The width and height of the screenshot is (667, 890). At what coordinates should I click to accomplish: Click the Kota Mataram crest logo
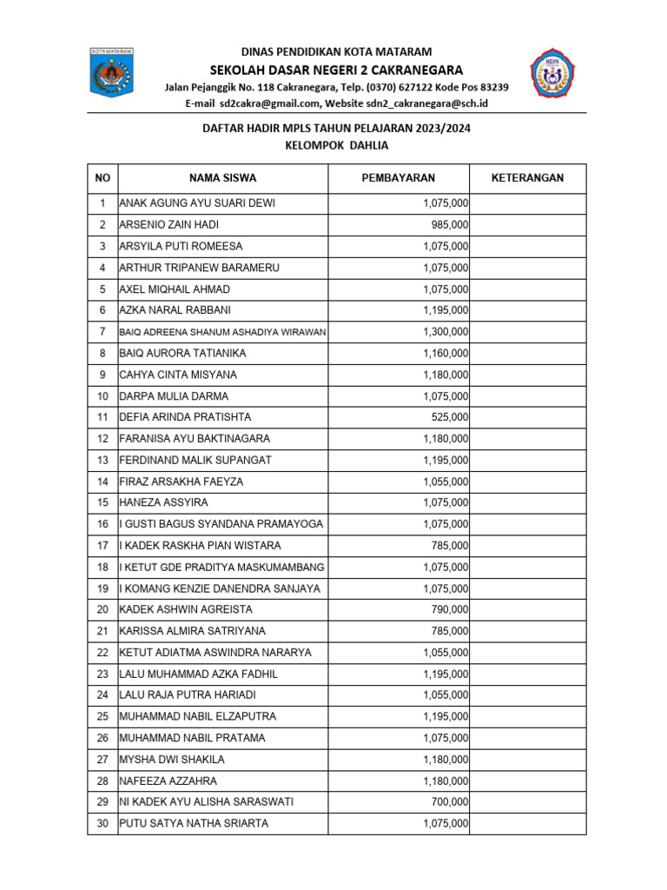click(111, 73)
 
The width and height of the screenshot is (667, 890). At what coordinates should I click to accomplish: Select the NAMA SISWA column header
click(223, 178)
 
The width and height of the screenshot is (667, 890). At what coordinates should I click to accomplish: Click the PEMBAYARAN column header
click(398, 178)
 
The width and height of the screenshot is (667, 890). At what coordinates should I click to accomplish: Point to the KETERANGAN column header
click(527, 178)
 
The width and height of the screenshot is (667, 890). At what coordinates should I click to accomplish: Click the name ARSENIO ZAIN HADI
click(169, 225)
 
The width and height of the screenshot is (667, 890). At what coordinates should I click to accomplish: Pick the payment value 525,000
click(450, 417)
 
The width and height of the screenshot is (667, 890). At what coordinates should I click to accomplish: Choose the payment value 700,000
click(450, 802)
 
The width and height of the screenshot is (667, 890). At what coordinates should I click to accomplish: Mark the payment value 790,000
click(450, 609)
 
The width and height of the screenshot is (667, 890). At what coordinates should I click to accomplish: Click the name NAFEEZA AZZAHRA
click(168, 780)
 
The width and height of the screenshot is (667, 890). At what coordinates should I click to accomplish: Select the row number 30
click(102, 823)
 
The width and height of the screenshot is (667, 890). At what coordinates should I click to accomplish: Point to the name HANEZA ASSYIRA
click(163, 502)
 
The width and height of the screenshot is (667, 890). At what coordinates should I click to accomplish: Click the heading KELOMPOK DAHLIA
click(336, 146)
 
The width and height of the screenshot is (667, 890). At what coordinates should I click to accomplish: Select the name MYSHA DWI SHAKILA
click(171, 760)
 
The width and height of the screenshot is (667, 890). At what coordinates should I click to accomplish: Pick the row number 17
click(102, 546)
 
